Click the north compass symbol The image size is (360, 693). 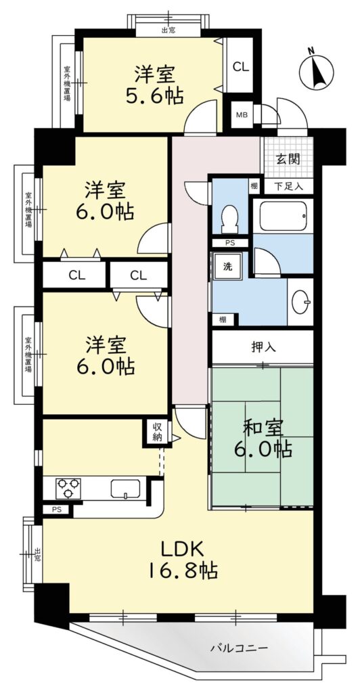(316, 70)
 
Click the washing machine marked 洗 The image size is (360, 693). (227, 267)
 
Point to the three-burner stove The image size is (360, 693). (68, 489)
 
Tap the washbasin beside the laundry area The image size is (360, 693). (301, 301)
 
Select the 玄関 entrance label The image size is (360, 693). (288, 159)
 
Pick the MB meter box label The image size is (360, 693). (242, 115)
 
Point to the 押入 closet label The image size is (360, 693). (264, 347)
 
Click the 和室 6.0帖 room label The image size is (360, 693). (263, 439)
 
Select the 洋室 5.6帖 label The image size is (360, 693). (154, 85)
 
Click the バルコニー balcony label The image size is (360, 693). (239, 648)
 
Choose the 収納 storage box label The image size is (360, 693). (157, 432)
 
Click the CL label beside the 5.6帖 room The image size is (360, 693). (241, 67)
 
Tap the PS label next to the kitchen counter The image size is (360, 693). (56, 510)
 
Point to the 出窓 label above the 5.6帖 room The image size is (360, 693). (168, 30)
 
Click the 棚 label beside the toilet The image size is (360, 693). (254, 186)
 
